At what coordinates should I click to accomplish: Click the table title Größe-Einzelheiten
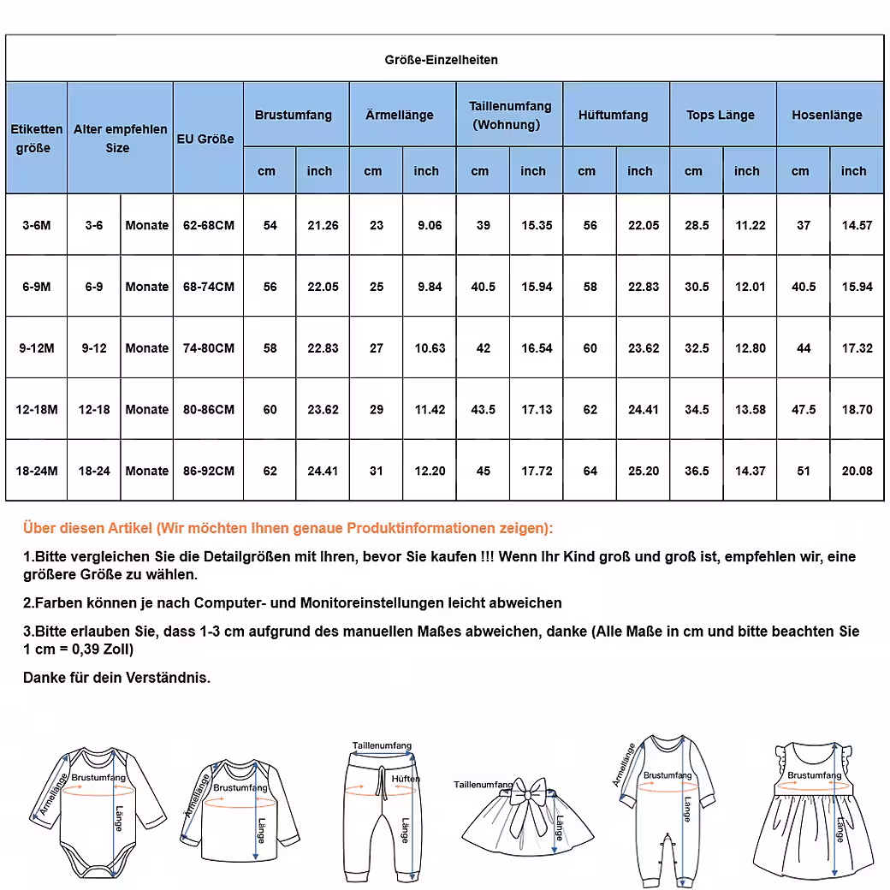tap(441, 60)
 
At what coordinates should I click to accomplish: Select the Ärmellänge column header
tap(400, 116)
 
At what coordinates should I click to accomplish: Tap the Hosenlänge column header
tap(827, 116)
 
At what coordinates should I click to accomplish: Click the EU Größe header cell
tap(205, 139)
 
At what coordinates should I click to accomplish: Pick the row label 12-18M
tap(37, 410)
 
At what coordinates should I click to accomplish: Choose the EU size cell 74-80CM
tap(209, 348)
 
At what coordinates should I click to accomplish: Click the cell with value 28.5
tap(697, 226)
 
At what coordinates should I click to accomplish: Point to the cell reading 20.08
tap(857, 472)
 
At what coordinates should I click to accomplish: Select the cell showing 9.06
tap(430, 226)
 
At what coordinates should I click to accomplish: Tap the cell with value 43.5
tap(484, 410)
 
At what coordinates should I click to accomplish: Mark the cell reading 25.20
tap(644, 472)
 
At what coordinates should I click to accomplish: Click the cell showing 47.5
tap(804, 410)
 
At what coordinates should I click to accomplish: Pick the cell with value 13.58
tap(751, 410)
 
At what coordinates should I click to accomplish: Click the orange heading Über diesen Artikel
tap(288, 528)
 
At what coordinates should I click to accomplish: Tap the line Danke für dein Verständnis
tap(117, 678)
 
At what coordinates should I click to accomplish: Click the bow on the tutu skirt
tap(526, 792)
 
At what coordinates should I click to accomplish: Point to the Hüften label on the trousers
tap(406, 780)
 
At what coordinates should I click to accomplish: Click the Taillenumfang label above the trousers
tap(382, 745)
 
